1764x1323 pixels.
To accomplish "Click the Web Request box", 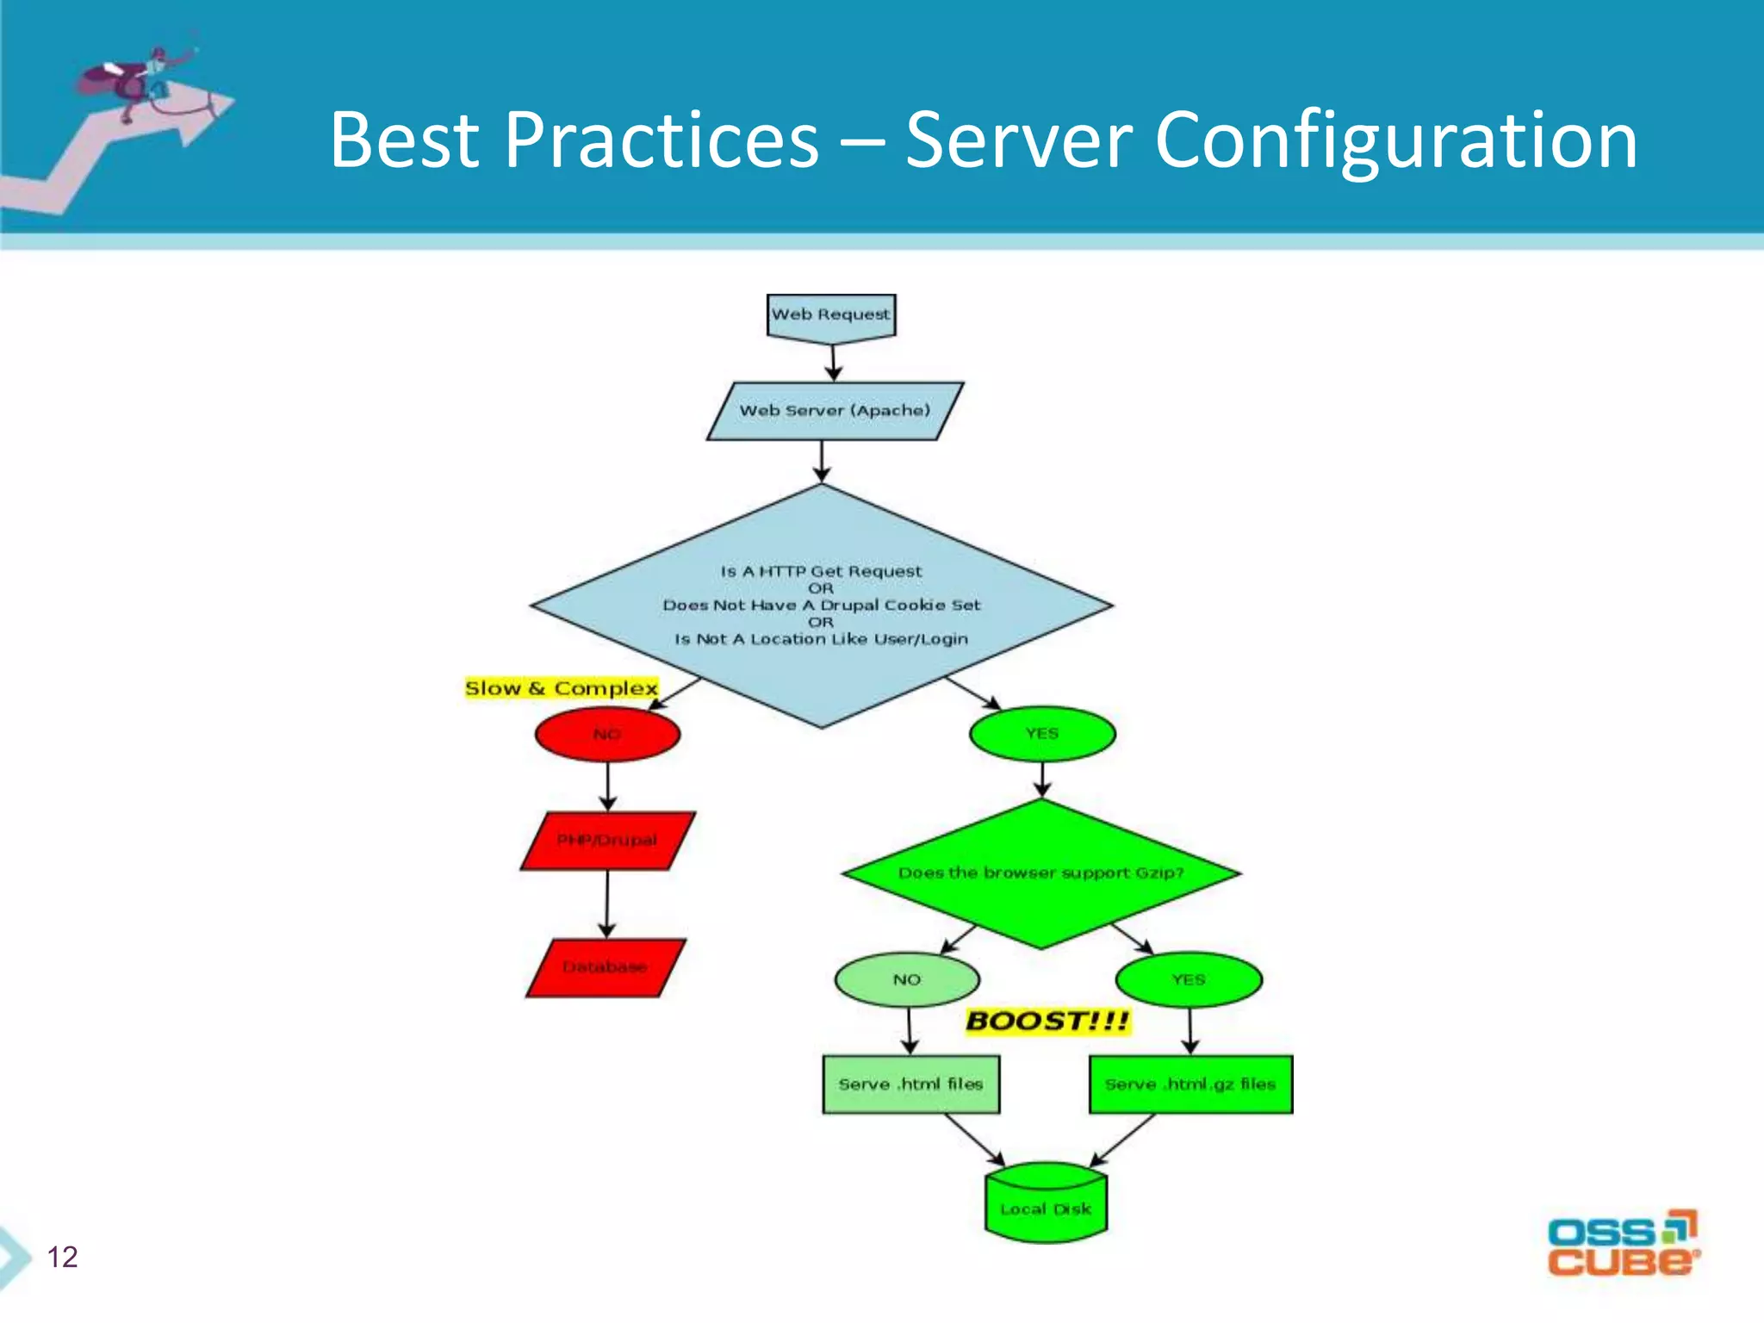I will pos(831,315).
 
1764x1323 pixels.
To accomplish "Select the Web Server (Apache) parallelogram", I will pos(835,411).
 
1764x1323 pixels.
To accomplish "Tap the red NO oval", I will pos(607,735).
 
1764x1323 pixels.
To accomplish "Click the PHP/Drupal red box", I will pos(607,841).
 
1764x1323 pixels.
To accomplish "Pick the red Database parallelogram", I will pos(606,967).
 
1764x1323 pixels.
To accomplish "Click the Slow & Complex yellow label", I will pos(561,688).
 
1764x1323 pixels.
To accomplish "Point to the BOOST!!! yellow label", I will pos(1047,1022).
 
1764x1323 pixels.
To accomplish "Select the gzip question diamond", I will pos(1040,873).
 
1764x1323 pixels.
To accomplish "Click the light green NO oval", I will pos(907,980).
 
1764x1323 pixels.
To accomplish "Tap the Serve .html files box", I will pos(910,1084).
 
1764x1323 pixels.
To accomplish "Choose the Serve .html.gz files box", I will pos(1190,1084).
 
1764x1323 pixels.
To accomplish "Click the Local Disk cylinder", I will pos(1046,1205).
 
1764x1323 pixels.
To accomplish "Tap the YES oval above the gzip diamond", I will pos(1042,734).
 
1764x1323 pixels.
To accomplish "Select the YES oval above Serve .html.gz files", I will pos(1189,980).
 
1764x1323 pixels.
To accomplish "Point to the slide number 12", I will pos(62,1258).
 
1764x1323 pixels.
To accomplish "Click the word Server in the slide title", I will pos(1018,140).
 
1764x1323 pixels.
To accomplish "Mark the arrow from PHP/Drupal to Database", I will pos(607,904).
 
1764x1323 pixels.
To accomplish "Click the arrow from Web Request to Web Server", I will pos(833,363).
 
